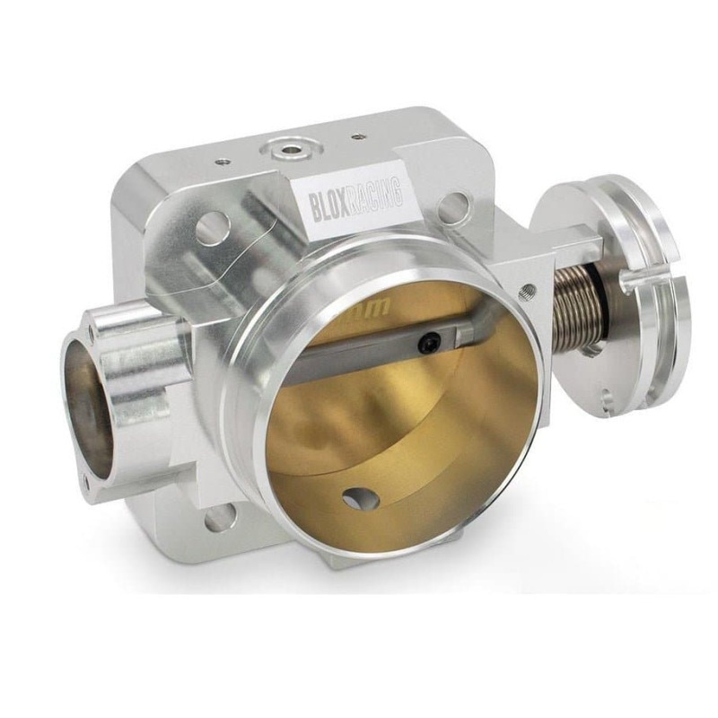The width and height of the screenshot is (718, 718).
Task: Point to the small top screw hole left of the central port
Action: (x=222, y=162)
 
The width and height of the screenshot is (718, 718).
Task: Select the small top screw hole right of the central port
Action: (x=359, y=137)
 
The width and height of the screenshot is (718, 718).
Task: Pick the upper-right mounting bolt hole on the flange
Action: (x=452, y=208)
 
